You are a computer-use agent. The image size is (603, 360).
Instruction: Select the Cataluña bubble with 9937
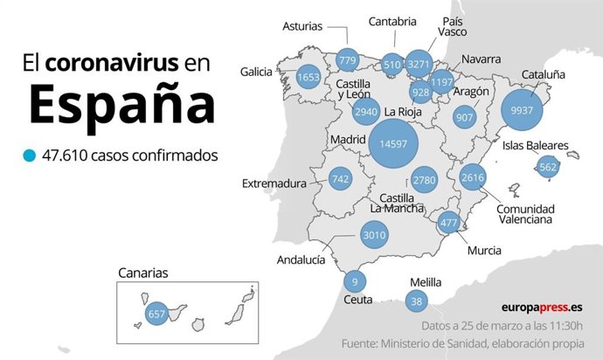tap(522, 111)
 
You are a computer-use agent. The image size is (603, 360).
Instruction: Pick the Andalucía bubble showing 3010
tap(374, 234)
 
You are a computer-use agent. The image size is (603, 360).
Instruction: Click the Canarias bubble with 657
tap(156, 314)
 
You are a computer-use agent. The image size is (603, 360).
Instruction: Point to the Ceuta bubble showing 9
tap(354, 281)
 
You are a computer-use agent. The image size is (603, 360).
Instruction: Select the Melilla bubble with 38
tap(416, 301)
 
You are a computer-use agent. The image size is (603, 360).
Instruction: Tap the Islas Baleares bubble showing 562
tap(548, 167)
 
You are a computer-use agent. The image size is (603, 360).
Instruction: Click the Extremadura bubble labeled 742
tap(341, 178)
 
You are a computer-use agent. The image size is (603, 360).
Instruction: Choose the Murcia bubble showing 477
tap(449, 223)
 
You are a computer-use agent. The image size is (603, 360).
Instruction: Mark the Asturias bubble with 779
tap(347, 60)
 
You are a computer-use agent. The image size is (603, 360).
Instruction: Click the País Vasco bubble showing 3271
tap(419, 64)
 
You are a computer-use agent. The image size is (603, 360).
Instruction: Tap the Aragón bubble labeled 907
tap(465, 117)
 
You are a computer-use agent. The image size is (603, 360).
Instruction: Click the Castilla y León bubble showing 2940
tap(365, 112)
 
